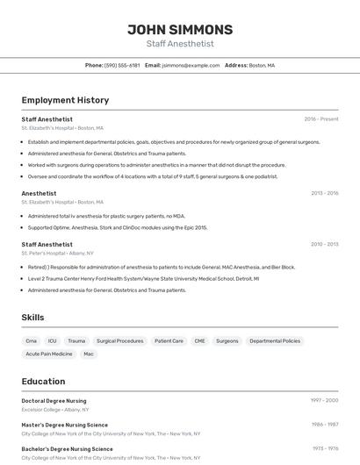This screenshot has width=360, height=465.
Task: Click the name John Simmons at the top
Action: pyautogui.click(x=179, y=29)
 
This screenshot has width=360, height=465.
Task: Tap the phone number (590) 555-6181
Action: pyautogui.click(x=122, y=65)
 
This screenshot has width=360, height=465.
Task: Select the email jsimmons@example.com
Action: pyautogui.click(x=191, y=65)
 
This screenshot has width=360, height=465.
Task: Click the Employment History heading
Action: pyautogui.click(x=65, y=100)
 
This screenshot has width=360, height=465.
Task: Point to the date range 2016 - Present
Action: pyautogui.click(x=320, y=118)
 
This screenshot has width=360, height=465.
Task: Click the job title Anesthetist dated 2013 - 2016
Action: pyautogui.click(x=39, y=193)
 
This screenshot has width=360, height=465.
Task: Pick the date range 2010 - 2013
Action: pyautogui.click(x=324, y=245)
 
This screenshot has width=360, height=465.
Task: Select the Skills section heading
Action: pyautogui.click(x=32, y=317)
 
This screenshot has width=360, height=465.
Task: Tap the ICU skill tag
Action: pyautogui.click(x=53, y=340)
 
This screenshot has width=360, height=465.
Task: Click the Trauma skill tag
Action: pyautogui.click(x=76, y=340)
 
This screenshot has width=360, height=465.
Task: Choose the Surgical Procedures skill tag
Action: pyautogui.click(x=119, y=340)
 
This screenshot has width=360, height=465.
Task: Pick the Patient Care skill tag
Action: pyautogui.click(x=169, y=340)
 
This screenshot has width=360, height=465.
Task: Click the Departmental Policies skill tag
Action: pyautogui.click(x=274, y=340)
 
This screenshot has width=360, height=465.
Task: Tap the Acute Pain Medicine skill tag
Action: pyautogui.click(x=49, y=354)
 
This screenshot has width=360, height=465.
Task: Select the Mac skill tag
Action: pyautogui.click(x=88, y=354)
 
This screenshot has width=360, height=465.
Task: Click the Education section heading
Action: pyautogui.click(x=43, y=382)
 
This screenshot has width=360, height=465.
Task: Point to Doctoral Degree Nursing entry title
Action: pyautogui.click(x=54, y=400)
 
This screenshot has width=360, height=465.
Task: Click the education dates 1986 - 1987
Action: pyautogui.click(x=324, y=425)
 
